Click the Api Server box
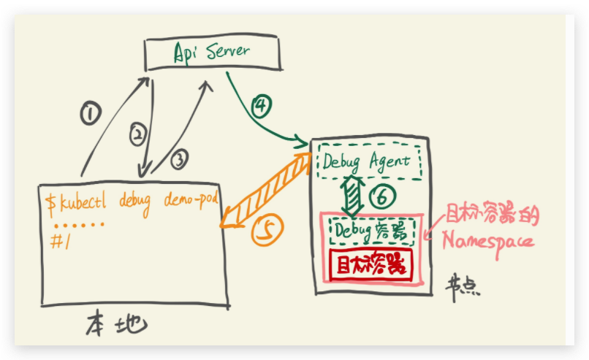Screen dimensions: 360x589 211,52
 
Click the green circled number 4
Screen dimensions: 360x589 261,106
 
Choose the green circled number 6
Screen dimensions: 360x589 381,196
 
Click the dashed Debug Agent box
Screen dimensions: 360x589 369,161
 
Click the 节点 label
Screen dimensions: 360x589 462,286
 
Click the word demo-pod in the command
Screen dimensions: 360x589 191,199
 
